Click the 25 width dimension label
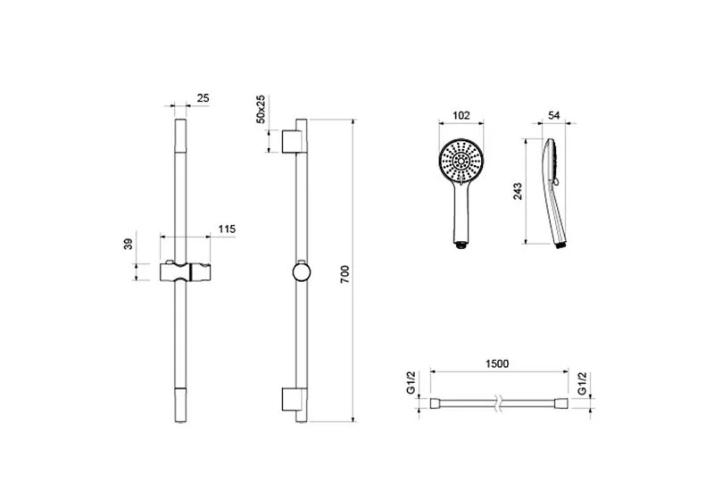[203, 98]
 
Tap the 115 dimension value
[227, 229]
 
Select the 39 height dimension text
[129, 244]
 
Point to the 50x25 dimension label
[261, 109]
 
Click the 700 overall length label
[345, 275]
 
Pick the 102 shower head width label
[461, 115]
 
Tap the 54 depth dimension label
[553, 115]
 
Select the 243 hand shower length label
[518, 192]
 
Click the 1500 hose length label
[497, 363]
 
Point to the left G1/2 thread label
[411, 382]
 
